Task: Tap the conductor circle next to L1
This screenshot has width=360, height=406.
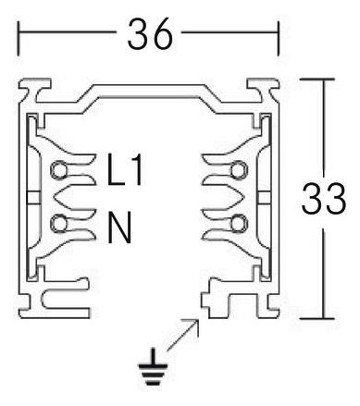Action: click(59, 170)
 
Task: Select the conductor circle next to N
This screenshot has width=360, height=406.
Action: click(59, 223)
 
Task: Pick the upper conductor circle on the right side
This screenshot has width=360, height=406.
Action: click(239, 170)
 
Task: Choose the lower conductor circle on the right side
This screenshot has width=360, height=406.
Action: click(239, 223)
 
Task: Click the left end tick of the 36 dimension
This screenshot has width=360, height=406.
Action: click(19, 37)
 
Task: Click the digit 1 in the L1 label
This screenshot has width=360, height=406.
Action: click(135, 173)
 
